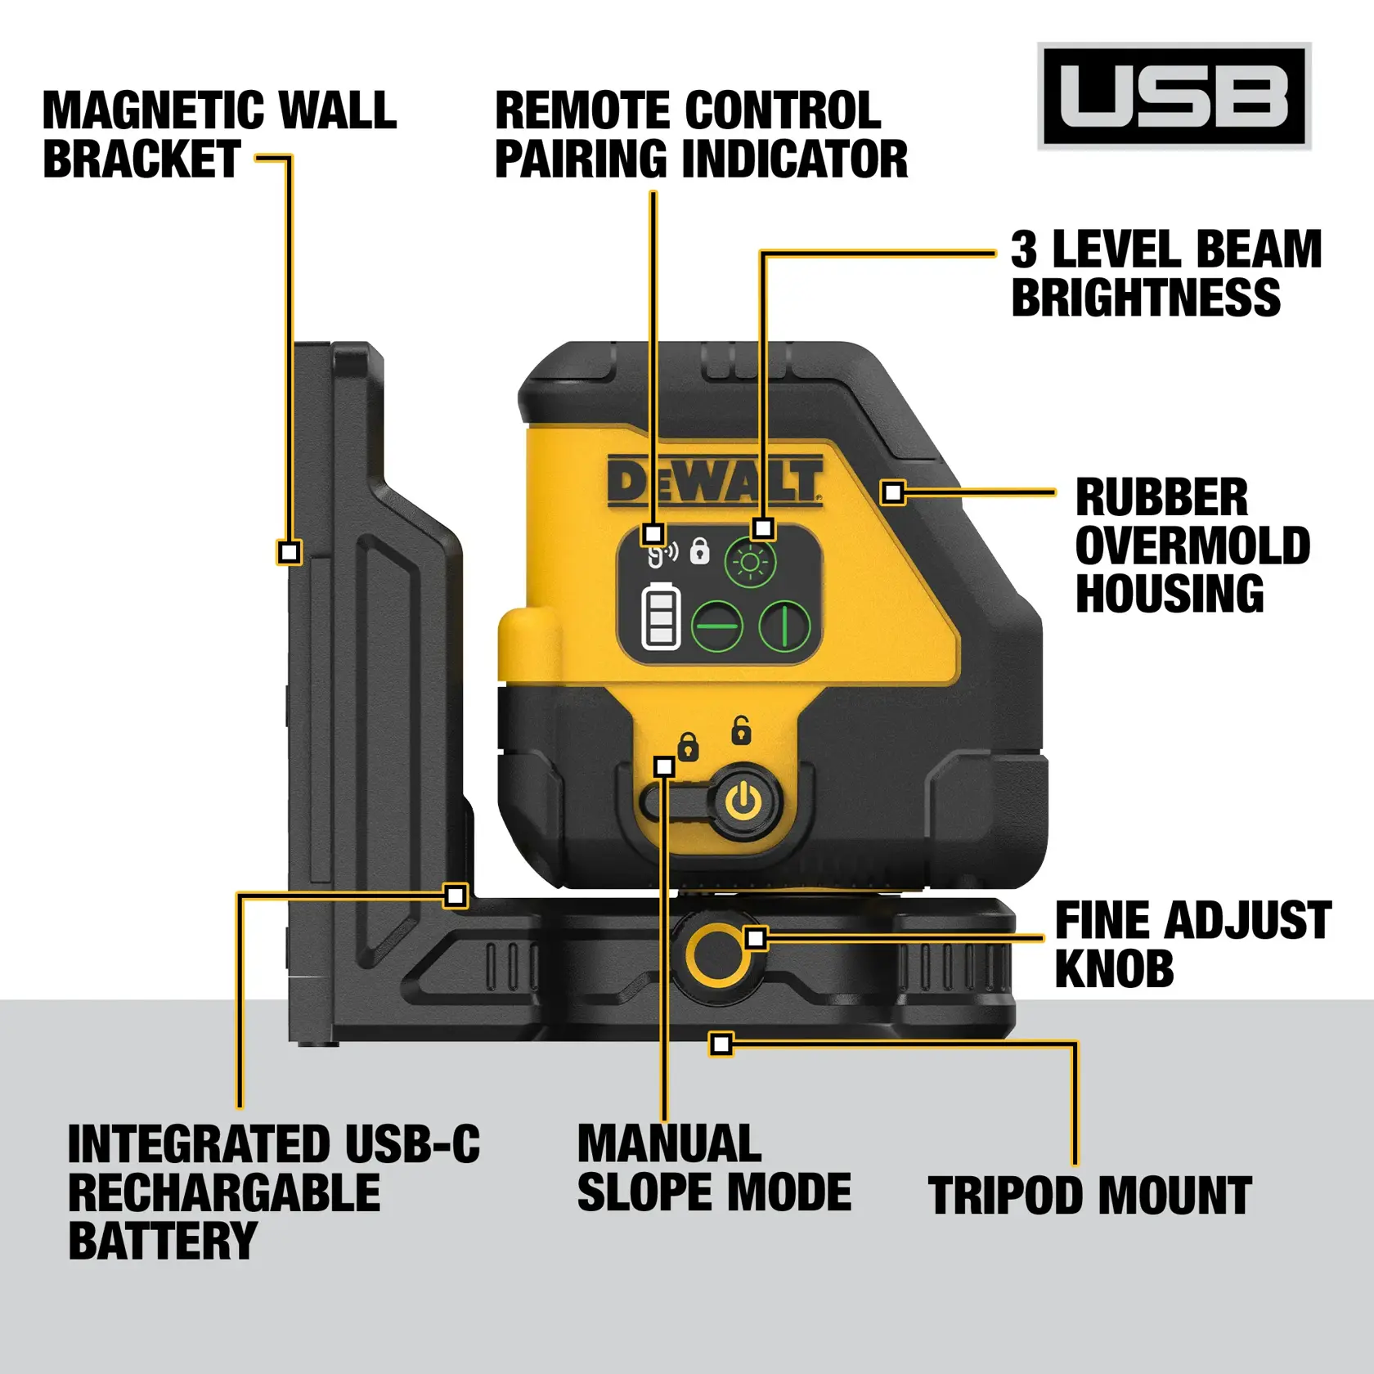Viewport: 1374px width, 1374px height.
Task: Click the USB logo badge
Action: [1174, 96]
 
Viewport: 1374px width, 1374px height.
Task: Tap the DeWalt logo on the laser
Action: [715, 482]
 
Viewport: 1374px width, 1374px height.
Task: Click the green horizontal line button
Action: [717, 626]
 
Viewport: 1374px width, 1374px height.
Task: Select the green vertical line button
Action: [784, 626]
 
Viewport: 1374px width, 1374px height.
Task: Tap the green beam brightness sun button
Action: [750, 563]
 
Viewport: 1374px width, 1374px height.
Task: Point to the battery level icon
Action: [661, 617]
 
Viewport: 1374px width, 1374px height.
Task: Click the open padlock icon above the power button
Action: [741, 730]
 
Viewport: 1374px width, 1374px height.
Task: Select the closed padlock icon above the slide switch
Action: [689, 747]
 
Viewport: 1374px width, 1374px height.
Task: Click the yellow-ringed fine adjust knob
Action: [717, 954]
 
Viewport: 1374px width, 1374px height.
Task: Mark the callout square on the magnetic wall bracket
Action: [289, 552]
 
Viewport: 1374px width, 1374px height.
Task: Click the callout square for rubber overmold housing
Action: [893, 492]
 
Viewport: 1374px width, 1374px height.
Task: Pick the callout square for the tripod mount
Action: [721, 1044]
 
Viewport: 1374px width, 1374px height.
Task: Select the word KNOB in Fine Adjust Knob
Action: [1114, 969]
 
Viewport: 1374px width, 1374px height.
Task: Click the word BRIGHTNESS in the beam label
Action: [1146, 298]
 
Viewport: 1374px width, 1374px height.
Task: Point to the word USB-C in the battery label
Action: [412, 1144]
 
